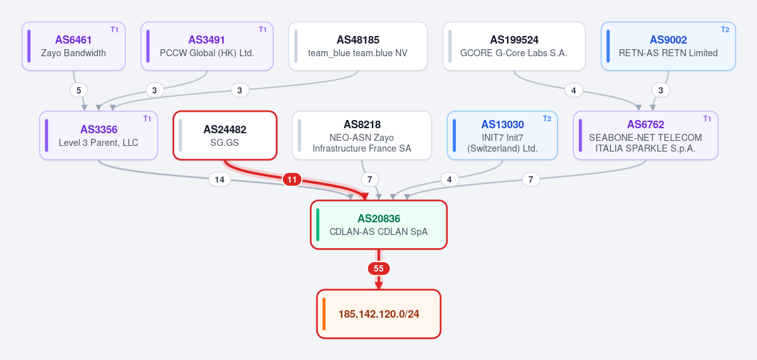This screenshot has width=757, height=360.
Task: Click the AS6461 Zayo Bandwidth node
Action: click(x=73, y=46)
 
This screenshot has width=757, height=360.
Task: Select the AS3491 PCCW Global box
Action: click(x=206, y=46)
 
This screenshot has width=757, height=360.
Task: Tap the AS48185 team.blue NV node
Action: click(x=358, y=46)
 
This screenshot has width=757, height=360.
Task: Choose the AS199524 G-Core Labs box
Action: click(x=514, y=46)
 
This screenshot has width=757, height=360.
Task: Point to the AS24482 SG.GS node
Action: click(x=225, y=135)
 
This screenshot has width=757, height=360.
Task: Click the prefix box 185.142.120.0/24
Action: click(x=379, y=314)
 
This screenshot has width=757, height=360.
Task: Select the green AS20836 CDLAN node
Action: click(x=379, y=225)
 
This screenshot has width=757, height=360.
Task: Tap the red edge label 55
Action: click(x=379, y=268)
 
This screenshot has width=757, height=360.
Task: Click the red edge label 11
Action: click(x=292, y=180)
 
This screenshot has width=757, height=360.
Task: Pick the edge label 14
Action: click(x=219, y=180)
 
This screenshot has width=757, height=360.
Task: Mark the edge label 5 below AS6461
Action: click(x=79, y=90)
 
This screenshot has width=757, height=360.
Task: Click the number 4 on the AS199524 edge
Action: click(x=573, y=90)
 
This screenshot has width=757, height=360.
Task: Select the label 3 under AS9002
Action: click(x=660, y=90)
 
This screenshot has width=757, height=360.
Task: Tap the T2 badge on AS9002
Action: click(x=725, y=30)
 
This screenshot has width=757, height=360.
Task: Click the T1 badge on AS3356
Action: click(x=147, y=119)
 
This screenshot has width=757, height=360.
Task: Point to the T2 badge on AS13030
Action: click(x=547, y=119)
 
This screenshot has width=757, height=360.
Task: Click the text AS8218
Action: click(x=362, y=124)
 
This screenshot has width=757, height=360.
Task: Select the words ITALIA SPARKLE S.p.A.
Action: click(x=645, y=148)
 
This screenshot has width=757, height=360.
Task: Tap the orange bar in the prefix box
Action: click(x=324, y=314)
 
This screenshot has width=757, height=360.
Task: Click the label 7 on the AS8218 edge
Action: click(x=370, y=180)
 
